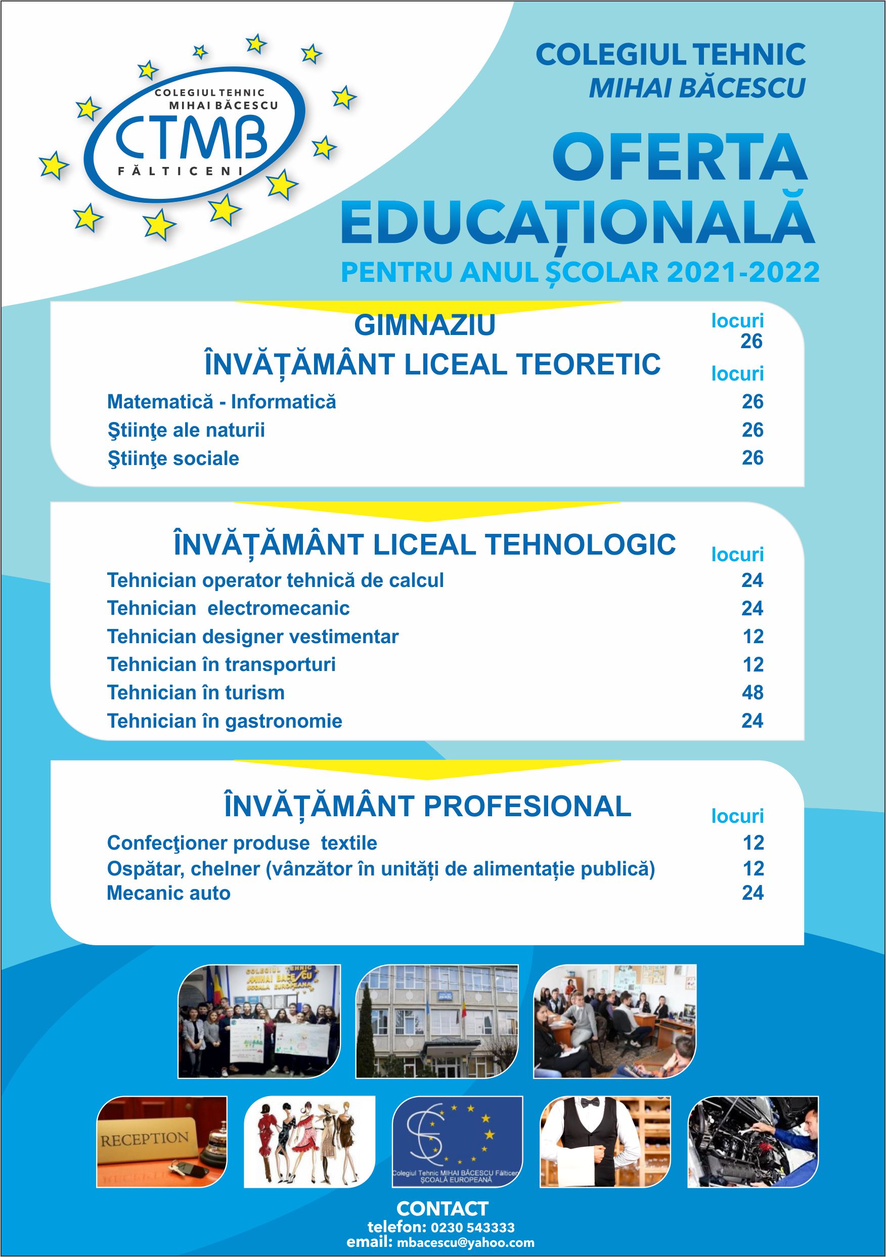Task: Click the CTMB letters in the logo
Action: (191, 139)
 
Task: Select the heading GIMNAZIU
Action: (425, 325)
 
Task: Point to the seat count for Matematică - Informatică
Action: (752, 402)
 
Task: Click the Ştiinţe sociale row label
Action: (173, 458)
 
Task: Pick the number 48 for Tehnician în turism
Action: (752, 693)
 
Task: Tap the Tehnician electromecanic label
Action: (228, 608)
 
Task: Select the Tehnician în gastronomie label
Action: (225, 721)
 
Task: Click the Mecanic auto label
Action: (168, 893)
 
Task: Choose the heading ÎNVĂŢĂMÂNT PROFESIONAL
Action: (427, 807)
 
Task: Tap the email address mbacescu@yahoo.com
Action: (465, 1242)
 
